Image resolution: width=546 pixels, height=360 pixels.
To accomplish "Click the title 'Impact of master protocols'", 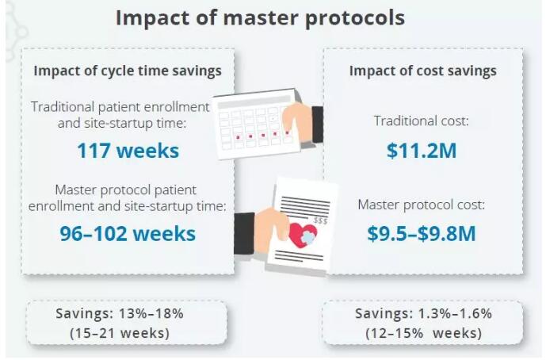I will (x=260, y=17).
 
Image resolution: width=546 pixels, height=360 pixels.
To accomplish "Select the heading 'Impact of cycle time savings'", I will (x=128, y=71).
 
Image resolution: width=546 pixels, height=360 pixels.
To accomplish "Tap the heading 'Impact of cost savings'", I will (x=423, y=71).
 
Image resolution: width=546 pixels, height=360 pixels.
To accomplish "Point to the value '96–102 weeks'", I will (x=128, y=233).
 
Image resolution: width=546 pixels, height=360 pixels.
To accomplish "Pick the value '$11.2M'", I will (x=422, y=150).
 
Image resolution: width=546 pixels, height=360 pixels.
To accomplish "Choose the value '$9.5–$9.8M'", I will (x=422, y=233).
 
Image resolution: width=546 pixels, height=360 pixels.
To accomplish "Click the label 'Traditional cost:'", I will (x=422, y=122).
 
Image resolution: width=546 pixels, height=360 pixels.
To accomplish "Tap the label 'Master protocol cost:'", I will (x=422, y=205).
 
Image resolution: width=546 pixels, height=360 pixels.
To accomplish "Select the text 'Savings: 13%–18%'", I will (x=120, y=313).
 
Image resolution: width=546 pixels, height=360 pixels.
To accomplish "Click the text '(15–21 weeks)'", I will (x=120, y=333).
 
